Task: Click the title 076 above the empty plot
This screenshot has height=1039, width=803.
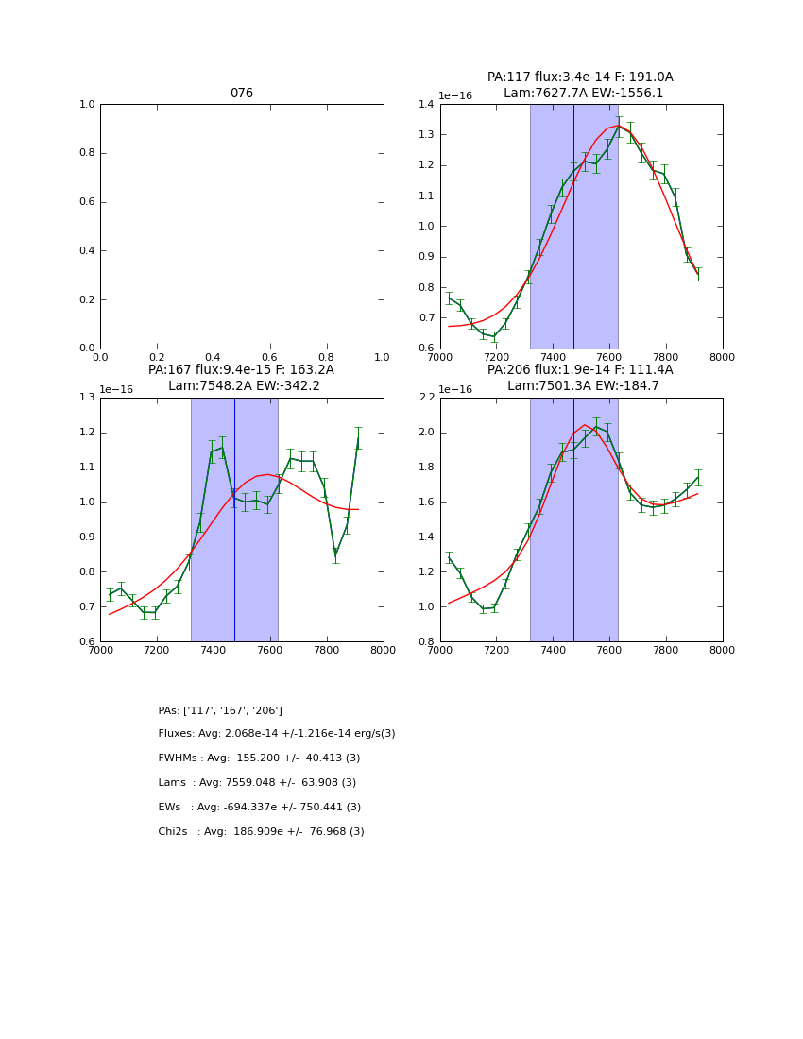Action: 242,94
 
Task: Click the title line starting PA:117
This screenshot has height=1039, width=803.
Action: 580,77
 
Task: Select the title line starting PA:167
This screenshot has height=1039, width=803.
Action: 241,370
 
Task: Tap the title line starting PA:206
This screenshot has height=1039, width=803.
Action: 580,370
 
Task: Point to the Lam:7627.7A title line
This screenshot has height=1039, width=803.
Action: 583,94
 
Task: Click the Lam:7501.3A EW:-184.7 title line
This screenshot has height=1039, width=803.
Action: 581,386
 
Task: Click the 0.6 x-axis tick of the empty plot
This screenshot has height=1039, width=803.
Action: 269,357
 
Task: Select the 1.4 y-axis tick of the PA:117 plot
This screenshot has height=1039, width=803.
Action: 425,105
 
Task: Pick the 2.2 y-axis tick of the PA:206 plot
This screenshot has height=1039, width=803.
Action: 425,398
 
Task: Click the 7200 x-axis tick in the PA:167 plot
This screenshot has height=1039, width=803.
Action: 157,650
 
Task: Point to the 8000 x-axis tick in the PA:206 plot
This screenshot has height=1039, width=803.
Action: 722,650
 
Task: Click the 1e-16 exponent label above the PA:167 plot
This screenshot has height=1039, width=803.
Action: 116,389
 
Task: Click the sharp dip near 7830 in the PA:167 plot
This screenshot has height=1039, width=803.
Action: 335,554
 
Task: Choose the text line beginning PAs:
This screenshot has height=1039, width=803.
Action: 220,710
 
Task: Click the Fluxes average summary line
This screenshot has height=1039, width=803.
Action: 277,734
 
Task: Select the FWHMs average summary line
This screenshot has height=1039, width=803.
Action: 259,758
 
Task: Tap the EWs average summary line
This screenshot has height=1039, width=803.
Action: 259,808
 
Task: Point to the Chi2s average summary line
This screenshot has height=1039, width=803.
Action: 261,832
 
